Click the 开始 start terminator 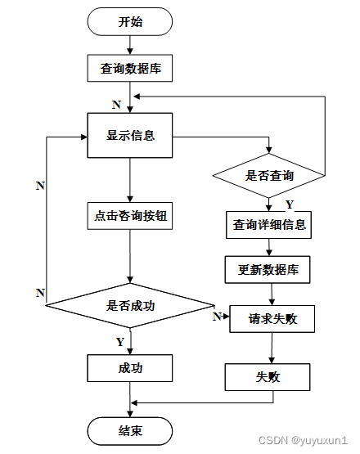[x=130, y=22]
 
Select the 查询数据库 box [x=130, y=69]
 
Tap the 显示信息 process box [x=130, y=135]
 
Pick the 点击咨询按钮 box [x=130, y=216]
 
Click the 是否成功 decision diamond [x=130, y=305]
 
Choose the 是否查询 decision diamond [x=268, y=175]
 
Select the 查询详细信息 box [x=268, y=225]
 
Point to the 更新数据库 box [x=268, y=270]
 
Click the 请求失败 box [x=272, y=319]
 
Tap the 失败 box [x=268, y=377]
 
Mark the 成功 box [x=130, y=368]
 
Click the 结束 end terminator [x=130, y=431]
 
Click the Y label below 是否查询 [x=290, y=205]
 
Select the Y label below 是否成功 [x=120, y=342]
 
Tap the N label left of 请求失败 [x=217, y=317]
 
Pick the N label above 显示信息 [x=116, y=104]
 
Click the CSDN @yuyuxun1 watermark [x=303, y=440]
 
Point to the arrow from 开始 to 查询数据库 [x=130, y=45]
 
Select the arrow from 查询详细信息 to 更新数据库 [x=269, y=247]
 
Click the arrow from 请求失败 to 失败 [x=272, y=348]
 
